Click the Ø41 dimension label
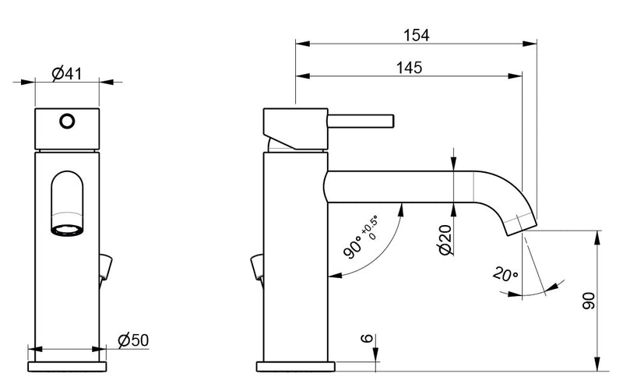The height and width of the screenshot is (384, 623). (67, 74)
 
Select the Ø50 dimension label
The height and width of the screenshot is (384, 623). (133, 340)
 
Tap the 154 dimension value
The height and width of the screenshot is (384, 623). (417, 35)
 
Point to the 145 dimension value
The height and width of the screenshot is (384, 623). (408, 68)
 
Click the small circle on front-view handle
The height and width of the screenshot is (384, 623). (67, 121)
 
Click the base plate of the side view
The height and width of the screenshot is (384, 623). (296, 365)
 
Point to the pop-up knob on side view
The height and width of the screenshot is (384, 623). (256, 267)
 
